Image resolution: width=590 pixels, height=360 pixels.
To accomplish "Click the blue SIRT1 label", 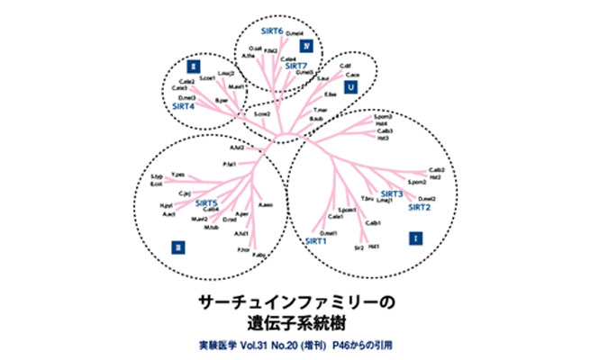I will (316, 241).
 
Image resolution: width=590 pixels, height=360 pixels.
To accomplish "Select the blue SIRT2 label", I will (420, 207).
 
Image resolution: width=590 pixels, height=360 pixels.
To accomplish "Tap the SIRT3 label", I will (392, 193).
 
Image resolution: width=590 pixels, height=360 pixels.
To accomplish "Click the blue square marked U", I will (351, 87).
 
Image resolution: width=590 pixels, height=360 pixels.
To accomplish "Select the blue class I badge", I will (414, 238).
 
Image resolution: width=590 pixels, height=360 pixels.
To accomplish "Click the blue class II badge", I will (193, 65).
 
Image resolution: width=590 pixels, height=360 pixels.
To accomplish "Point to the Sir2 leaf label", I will (358, 247).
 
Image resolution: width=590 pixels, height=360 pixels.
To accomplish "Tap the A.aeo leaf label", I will (266, 205).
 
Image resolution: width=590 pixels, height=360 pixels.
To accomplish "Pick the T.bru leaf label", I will (368, 198).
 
